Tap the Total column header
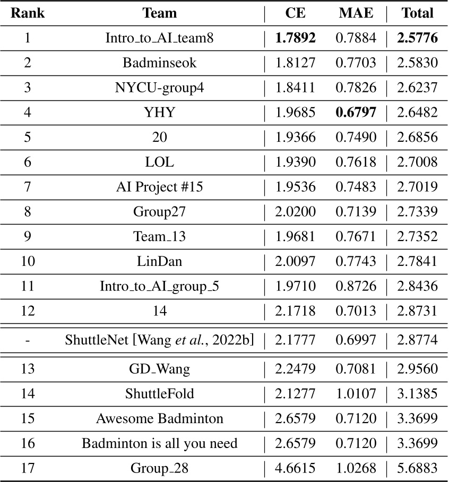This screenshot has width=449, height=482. pos(418,13)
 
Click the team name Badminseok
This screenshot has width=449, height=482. pos(160,63)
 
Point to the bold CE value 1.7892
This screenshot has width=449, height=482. pos(295,38)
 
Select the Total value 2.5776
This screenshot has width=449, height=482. pos(418,38)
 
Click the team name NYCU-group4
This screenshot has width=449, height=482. pos(160,88)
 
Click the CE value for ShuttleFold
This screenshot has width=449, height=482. pos(295,393)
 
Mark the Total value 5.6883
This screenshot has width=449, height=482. pos(418,468)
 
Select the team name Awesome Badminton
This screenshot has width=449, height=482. pos(160,418)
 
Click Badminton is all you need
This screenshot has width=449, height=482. pos(160,443)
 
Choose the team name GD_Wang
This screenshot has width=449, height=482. pos(160,368)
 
